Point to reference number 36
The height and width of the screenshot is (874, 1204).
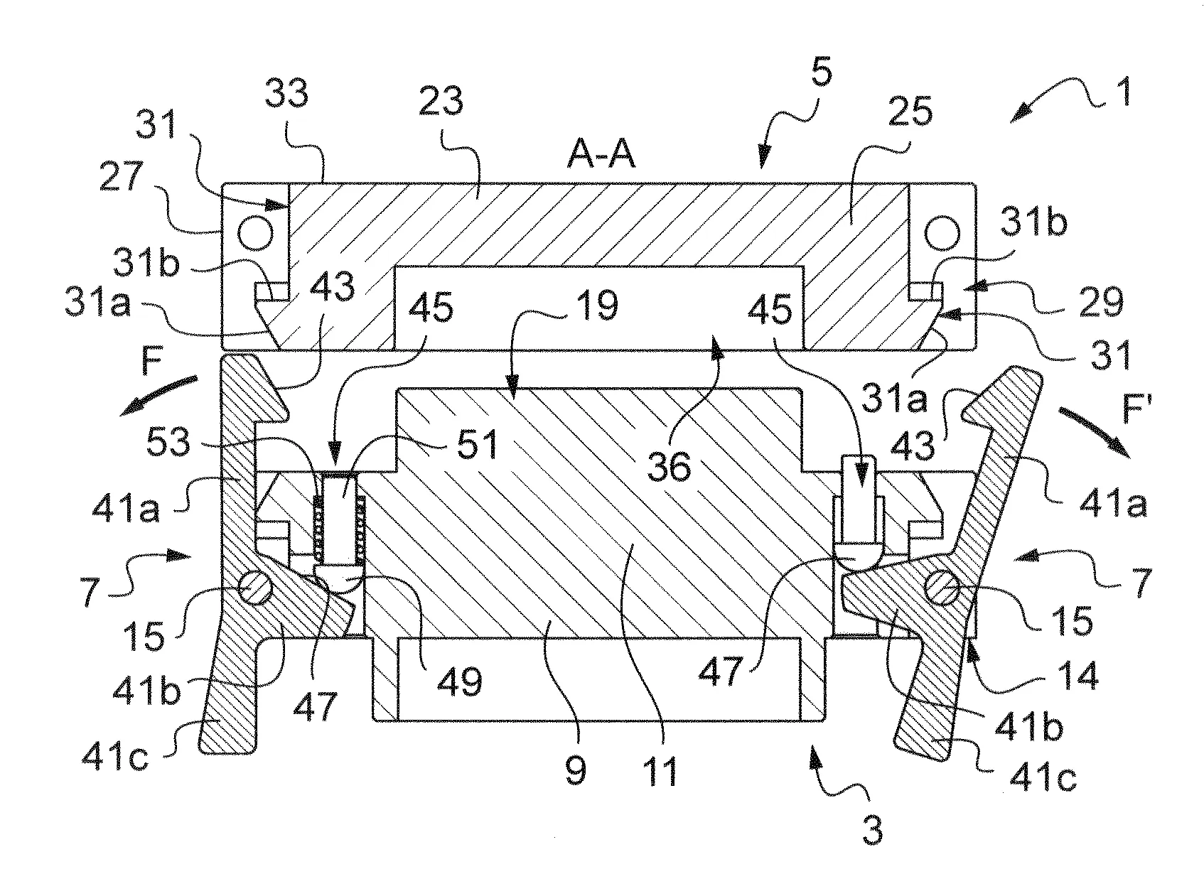672,467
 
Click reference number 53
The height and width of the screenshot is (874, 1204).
170,441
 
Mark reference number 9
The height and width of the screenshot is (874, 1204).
575,768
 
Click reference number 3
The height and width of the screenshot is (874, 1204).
872,829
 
